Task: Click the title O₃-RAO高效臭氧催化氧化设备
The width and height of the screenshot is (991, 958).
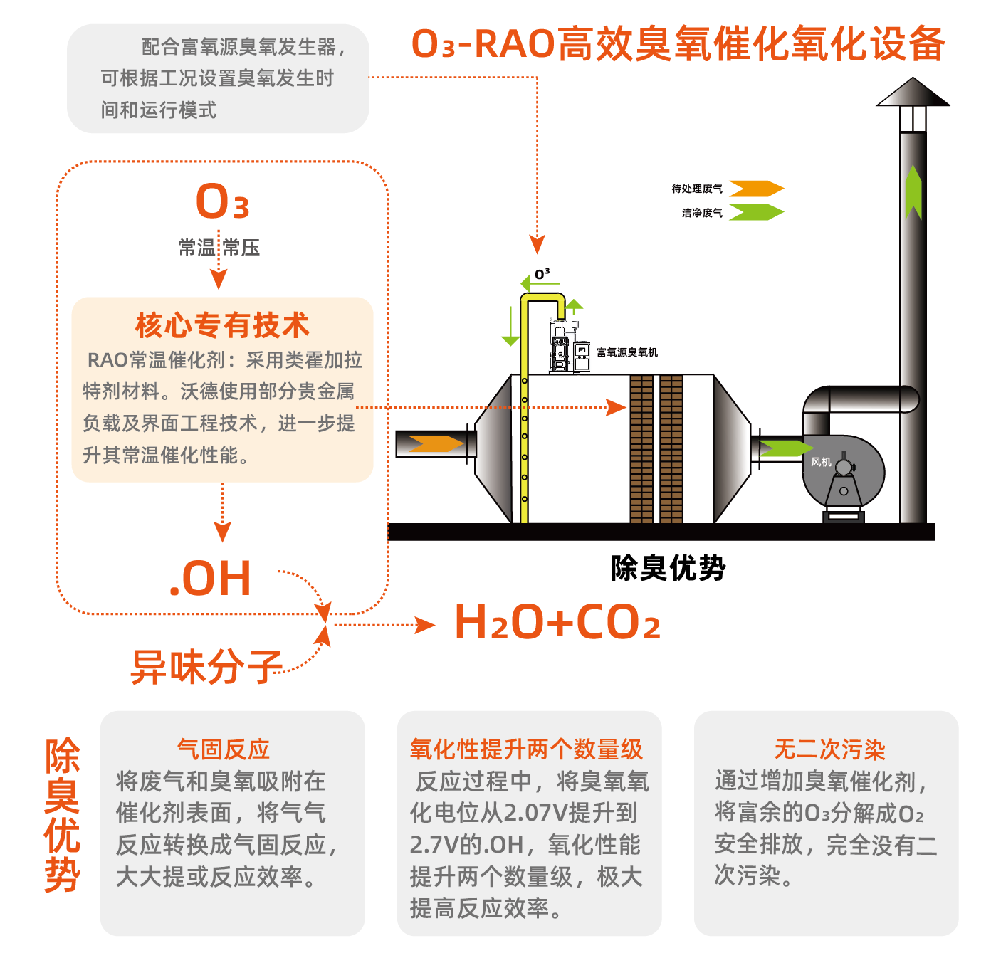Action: [678, 43]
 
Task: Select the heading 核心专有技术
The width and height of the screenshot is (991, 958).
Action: [222, 325]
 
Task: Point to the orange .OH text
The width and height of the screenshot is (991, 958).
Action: [211, 578]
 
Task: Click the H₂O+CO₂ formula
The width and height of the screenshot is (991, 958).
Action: [557, 623]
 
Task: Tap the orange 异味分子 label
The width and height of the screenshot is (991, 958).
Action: [206, 667]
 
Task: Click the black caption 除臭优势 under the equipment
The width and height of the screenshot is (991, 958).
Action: [668, 568]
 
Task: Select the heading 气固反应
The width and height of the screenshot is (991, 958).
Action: [224, 749]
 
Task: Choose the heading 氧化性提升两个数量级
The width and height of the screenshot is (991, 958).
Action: [526, 749]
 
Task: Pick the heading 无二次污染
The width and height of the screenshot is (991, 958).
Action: [829, 749]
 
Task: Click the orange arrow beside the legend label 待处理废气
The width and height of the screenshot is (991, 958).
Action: [756, 189]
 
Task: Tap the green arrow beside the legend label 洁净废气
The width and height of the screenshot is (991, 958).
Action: [756, 212]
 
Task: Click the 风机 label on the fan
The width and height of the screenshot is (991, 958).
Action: [821, 462]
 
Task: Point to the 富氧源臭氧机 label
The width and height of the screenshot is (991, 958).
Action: [626, 352]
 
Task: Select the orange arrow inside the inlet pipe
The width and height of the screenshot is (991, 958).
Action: [436, 444]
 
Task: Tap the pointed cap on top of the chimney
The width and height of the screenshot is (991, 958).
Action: [913, 93]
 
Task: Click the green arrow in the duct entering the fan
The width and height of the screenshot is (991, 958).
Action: [785, 448]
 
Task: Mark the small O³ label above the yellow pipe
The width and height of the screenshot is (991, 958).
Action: [542, 274]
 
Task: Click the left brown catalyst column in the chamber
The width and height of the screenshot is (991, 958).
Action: [641, 448]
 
